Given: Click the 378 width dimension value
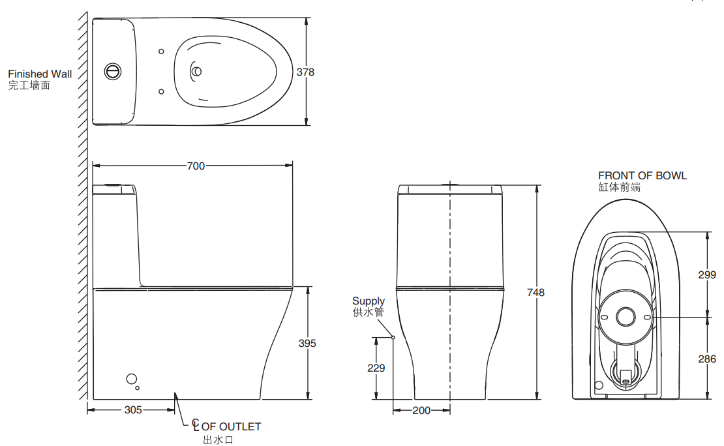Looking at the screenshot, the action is coord(305,72).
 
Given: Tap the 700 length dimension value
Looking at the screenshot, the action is coord(196,166).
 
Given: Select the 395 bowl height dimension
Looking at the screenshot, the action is coord(307,343).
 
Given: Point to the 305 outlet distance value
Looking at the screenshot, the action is coord(133,409).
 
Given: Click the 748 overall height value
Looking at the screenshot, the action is coord(535,292).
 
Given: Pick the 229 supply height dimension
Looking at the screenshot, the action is coord(376,368).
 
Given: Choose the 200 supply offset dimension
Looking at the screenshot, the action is coord(421,410).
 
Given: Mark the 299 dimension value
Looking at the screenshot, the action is coord(707,275).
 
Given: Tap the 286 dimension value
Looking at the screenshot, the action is coord(707,359).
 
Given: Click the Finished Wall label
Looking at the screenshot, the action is coord(40,74).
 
